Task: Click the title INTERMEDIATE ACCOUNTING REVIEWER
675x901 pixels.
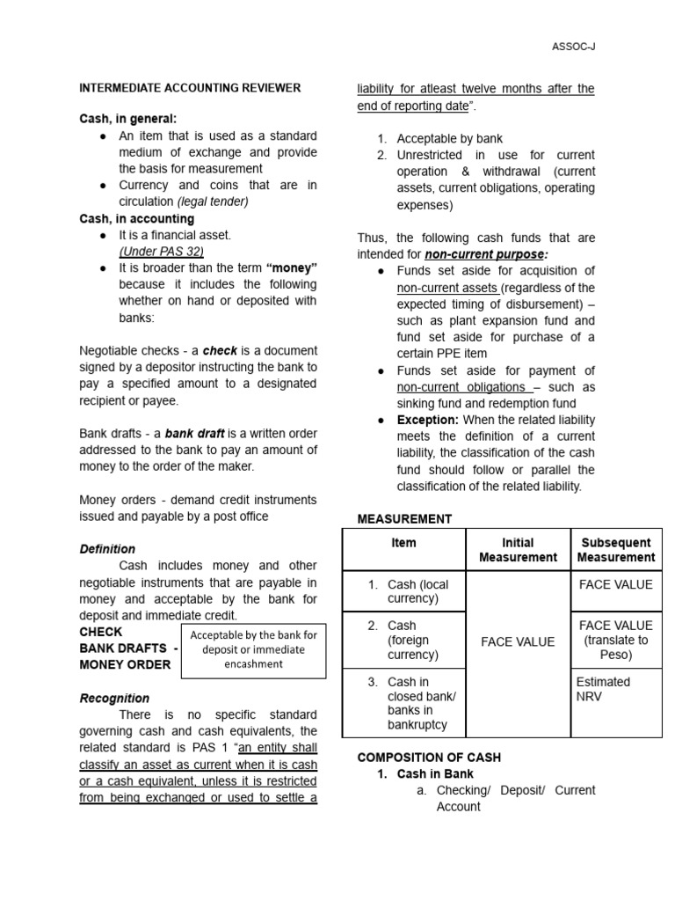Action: (190, 88)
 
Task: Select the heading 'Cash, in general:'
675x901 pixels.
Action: (127, 119)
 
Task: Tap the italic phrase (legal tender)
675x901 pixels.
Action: (213, 201)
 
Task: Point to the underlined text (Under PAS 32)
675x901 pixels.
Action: (161, 252)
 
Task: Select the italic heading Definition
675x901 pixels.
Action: (107, 549)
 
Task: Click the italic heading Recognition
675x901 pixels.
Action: (114, 698)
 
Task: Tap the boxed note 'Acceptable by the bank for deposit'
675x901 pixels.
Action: (253, 649)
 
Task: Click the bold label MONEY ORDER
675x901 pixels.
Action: (125, 664)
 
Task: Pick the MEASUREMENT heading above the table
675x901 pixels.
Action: (404, 519)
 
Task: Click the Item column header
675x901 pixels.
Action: (403, 543)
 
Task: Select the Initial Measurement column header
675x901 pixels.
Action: (518, 550)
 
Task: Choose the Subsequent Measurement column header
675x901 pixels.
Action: (615, 550)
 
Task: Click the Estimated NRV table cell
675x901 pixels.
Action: (602, 689)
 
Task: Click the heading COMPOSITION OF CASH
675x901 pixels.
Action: (429, 757)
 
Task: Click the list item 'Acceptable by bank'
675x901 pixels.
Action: (449, 138)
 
